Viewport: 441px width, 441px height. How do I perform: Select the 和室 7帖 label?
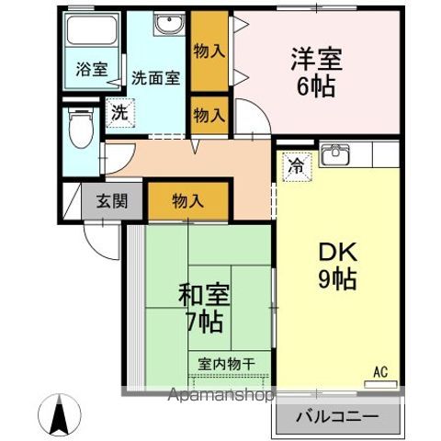click(x=203, y=309)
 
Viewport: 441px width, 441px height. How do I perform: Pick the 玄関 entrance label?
click(x=114, y=201)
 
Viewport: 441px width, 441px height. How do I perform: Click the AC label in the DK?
click(x=380, y=371)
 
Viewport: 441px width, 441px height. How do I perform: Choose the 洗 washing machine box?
click(x=118, y=113)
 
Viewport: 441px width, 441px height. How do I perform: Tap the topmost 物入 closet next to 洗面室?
click(x=209, y=51)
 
